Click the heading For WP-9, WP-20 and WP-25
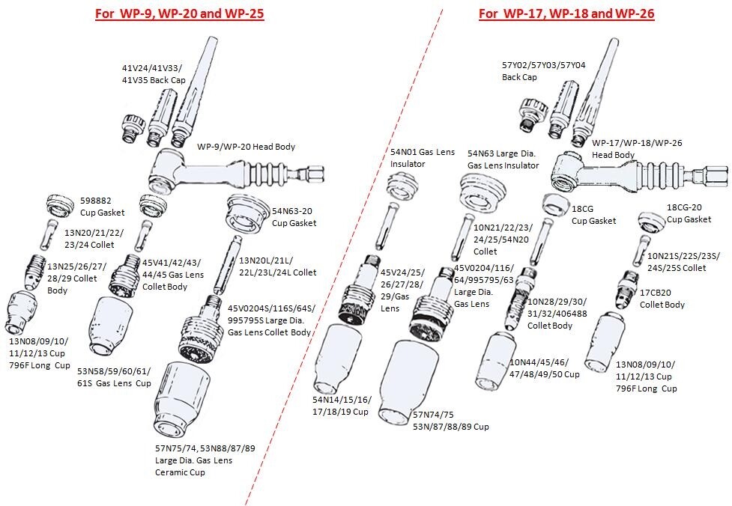(179, 13)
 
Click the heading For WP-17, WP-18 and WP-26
(566, 13)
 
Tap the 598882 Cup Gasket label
(102, 207)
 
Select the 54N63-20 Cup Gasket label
(294, 217)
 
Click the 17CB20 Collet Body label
(662, 299)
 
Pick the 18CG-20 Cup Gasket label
(689, 213)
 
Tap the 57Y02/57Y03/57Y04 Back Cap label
(533, 71)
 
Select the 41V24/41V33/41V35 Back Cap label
(154, 74)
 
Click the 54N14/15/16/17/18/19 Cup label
(340, 406)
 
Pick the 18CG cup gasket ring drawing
(554, 203)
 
